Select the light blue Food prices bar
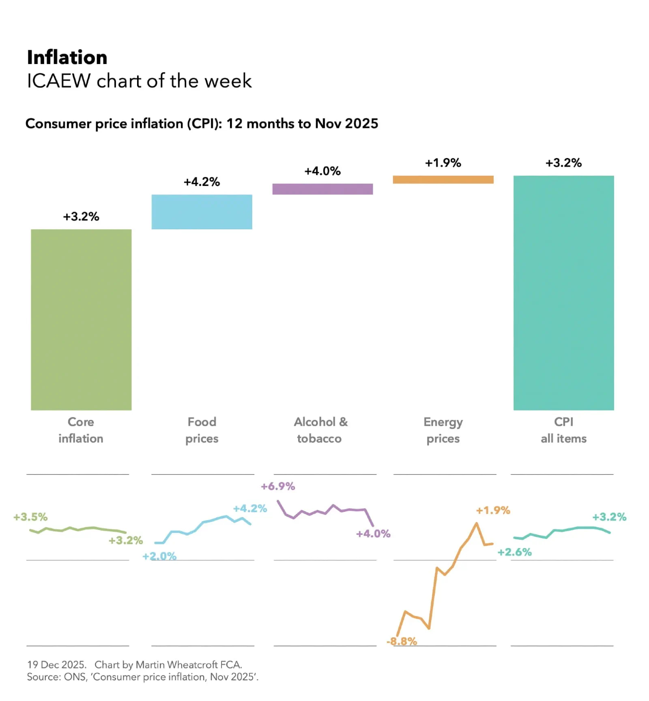202,212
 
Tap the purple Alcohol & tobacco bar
322,189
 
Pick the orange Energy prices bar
443,180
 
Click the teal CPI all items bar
563,293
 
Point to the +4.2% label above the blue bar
202,182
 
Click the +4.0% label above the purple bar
322,171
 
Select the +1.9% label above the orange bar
443,163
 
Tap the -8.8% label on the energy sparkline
402,641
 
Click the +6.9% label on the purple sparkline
278,486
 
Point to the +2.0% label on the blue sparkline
159,556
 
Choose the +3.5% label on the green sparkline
30,517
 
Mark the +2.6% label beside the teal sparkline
514,552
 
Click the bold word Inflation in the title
67,57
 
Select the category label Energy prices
443,430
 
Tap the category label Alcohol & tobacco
320,430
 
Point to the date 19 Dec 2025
56,665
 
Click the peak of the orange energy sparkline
476,523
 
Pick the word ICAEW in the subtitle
59,81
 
